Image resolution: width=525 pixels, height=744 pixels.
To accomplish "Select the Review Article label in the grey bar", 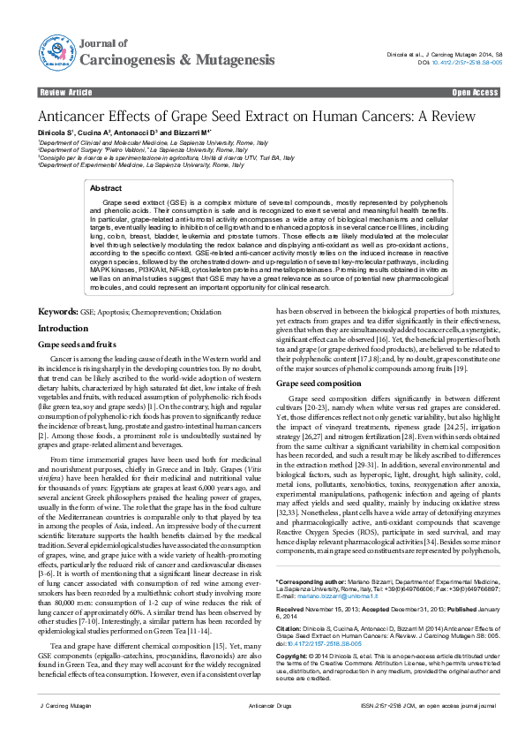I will coord(66,92).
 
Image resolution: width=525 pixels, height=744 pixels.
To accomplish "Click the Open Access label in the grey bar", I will coord(475,92).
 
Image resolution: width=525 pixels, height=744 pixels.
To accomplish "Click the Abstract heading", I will coord(107,188).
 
